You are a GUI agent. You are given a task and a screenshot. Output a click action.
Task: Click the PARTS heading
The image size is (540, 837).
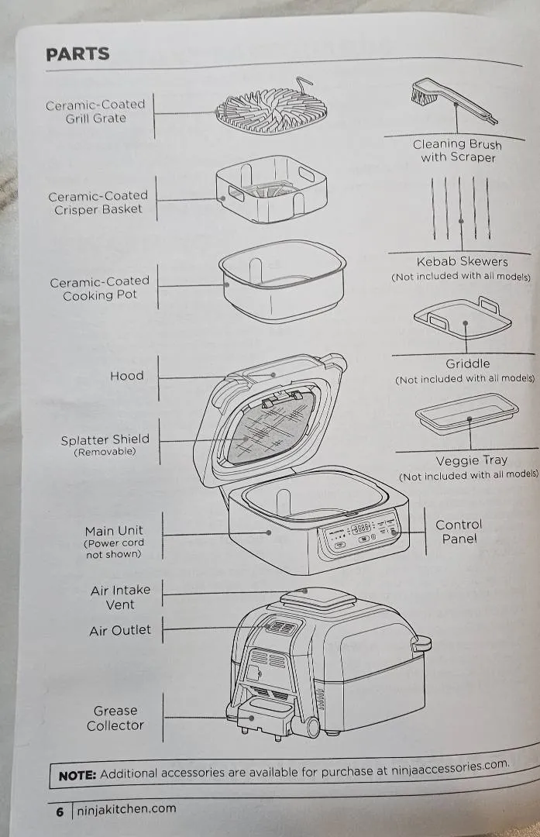pos(77,54)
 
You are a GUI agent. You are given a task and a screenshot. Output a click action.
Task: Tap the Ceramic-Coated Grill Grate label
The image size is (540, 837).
pos(95,112)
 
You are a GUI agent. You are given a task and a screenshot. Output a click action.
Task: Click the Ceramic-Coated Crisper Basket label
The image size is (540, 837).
pos(98,203)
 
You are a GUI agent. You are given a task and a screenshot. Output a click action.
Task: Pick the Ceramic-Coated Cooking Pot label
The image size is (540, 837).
pos(99,288)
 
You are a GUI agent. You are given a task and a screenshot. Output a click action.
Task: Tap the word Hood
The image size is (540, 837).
pos(126,376)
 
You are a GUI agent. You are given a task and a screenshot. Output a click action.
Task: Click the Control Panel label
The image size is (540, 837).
pos(459,532)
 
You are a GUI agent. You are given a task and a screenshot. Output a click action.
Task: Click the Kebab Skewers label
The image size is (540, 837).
pos(462,262)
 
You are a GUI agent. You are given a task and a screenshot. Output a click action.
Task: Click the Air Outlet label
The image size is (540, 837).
pos(120,631)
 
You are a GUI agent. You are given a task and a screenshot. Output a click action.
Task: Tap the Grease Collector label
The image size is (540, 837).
pos(115,718)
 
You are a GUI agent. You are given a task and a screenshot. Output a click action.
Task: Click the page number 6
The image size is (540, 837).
pos(60,813)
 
